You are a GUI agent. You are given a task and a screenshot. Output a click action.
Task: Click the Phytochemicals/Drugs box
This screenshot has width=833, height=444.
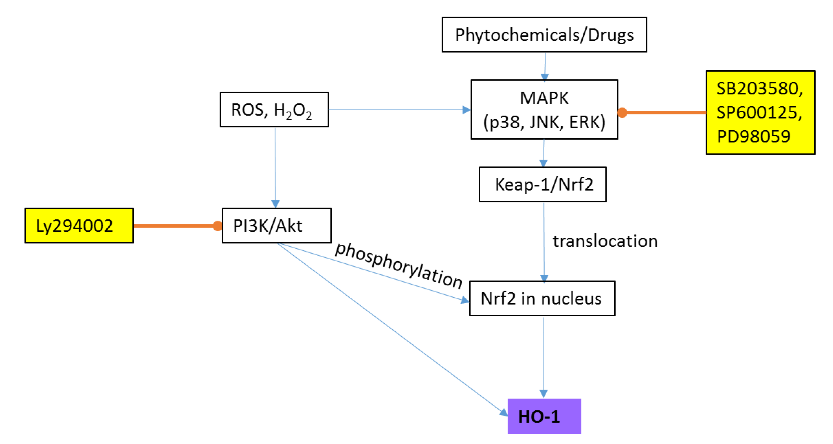coord(544,35)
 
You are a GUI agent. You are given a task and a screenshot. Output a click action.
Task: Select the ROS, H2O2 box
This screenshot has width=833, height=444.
coord(274,110)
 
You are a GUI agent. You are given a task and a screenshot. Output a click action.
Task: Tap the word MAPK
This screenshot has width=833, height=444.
coord(544,98)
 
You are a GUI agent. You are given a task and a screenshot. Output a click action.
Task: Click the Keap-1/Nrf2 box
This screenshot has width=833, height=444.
coord(542,184)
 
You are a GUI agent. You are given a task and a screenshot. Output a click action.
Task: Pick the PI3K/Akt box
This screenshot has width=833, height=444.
coord(276,225)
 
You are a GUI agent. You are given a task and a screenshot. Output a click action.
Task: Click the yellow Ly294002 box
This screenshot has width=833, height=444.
coord(79,225)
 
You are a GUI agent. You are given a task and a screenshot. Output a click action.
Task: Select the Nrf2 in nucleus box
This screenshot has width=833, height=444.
coord(542,298)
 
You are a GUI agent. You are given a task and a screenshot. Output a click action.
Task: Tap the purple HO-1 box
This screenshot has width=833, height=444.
coord(544,416)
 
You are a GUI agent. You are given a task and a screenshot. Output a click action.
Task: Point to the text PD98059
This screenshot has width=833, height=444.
coord(753,136)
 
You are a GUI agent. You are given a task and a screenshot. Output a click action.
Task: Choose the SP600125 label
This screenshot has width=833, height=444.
coord(759,112)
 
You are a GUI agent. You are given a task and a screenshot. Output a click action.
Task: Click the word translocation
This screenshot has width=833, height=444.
coord(605,241)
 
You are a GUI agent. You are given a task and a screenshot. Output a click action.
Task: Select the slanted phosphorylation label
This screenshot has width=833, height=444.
coord(398,265)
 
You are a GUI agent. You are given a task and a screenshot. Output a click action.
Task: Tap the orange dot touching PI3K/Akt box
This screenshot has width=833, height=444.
coord(217,226)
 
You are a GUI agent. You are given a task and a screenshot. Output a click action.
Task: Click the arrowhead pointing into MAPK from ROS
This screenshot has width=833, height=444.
coord(467,110)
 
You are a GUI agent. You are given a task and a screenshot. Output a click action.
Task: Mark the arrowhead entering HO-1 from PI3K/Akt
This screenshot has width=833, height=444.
coord(503,412)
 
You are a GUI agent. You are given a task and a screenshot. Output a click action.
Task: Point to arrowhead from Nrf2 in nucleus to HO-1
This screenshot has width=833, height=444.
coord(544,393)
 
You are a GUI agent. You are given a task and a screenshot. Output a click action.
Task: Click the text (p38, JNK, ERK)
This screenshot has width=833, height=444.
coord(544,122)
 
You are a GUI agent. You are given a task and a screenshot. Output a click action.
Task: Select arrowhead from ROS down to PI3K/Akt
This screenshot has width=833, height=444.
coord(275,204)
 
